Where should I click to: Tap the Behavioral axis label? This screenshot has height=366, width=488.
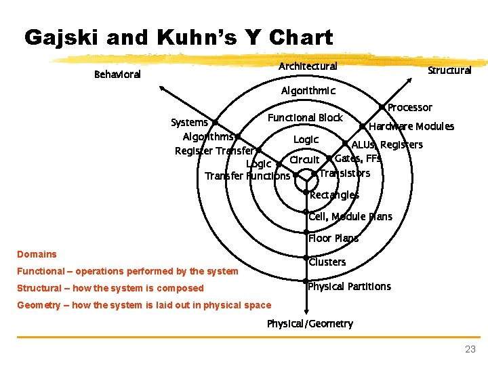pos(117,74)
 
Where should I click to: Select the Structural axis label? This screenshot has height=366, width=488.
pos(449,70)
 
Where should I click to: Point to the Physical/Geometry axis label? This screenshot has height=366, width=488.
pos(310,323)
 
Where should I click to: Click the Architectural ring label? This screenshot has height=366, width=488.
pos(308,66)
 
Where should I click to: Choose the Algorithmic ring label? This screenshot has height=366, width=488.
pos(308,90)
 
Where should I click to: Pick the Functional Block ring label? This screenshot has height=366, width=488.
pos(305,117)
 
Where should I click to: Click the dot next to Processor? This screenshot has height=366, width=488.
pos(382,106)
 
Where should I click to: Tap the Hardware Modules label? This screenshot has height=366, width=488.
pos(412,126)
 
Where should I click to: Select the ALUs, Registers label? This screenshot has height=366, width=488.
pos(387,144)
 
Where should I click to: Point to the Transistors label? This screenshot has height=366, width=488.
pos(344,174)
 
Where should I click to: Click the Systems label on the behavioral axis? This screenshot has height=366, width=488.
pos(189,122)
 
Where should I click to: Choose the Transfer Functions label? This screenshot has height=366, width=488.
pos(247,176)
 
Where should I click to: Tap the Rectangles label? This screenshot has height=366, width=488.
pos(334,195)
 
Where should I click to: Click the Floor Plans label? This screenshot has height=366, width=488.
pos(333,238)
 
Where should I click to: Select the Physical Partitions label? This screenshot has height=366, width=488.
pos(349,286)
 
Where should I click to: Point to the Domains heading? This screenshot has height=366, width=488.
pos(37,254)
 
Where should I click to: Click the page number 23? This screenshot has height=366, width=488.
pos(470,349)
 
